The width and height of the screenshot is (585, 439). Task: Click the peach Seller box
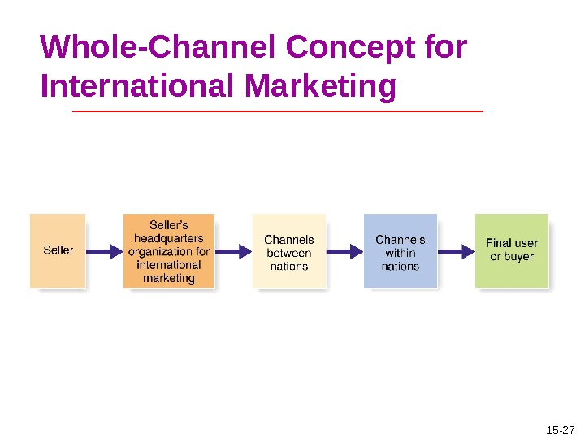pyautogui.click(x=58, y=250)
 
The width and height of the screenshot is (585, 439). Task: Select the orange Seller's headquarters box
pyautogui.click(x=169, y=250)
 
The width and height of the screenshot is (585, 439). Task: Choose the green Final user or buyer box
pyautogui.click(x=512, y=250)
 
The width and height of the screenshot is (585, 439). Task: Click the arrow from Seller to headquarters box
pyautogui.click(x=104, y=251)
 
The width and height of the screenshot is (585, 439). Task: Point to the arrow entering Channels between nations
pyautogui.click(x=234, y=251)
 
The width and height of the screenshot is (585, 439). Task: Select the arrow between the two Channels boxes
pyautogui.click(x=344, y=251)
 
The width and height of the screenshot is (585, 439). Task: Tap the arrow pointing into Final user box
pyautogui.click(x=456, y=251)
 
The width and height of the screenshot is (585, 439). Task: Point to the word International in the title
pyautogui.click(x=132, y=85)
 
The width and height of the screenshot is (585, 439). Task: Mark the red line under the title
pyautogui.click(x=278, y=110)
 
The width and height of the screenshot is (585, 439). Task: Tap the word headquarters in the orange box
pyautogui.click(x=169, y=238)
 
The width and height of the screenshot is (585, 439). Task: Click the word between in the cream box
pyautogui.click(x=289, y=253)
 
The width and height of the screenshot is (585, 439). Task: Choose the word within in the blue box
pyautogui.click(x=401, y=253)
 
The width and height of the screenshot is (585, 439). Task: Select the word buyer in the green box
pyautogui.click(x=518, y=257)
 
